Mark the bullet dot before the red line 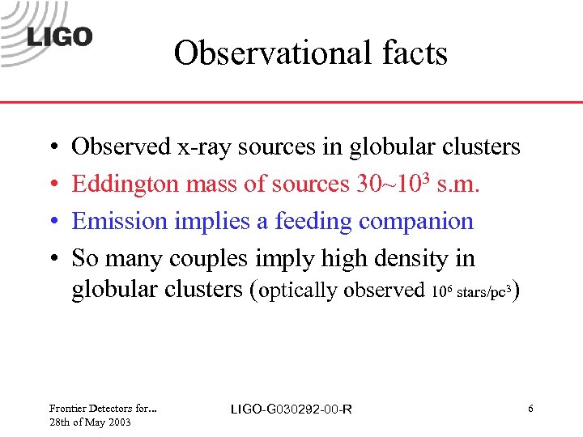click(52, 185)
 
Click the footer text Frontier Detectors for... click(103, 409)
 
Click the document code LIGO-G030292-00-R click(291, 410)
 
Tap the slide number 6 click(530, 409)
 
